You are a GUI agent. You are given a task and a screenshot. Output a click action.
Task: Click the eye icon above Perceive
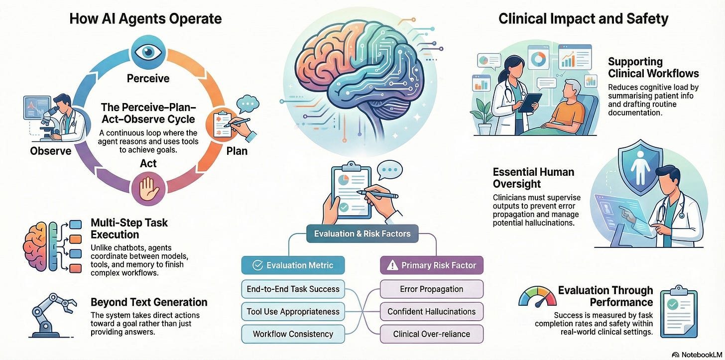point(148,52)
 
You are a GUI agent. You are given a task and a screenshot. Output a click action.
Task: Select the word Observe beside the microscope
point(50,151)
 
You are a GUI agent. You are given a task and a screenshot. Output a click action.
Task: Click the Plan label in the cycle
point(237,151)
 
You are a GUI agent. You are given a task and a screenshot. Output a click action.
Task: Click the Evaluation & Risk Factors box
point(362,234)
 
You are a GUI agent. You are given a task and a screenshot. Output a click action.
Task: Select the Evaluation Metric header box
point(293,265)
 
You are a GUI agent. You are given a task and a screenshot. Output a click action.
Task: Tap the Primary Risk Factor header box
point(431,265)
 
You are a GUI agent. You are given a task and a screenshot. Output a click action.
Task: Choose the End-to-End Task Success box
point(293,289)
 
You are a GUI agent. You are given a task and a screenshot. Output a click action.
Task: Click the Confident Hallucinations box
point(431,311)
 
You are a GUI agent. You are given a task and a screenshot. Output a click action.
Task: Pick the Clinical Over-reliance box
point(431,334)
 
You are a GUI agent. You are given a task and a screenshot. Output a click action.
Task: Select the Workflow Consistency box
point(293,334)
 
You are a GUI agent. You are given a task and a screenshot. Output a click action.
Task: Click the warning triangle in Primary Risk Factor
point(392,265)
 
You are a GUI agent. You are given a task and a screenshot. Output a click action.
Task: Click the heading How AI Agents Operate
point(145,18)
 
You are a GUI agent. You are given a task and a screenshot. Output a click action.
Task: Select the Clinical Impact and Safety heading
point(583,18)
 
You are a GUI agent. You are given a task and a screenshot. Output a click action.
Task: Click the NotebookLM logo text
point(702,355)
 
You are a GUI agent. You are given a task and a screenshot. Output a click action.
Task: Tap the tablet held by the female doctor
point(529,102)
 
